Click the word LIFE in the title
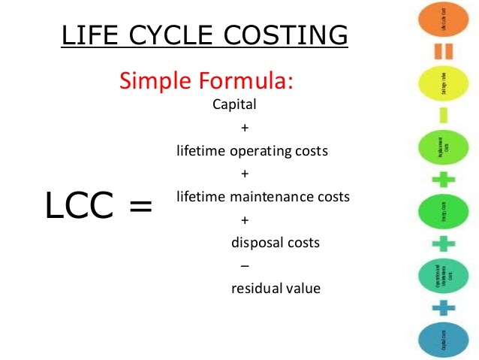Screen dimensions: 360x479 click(85, 35)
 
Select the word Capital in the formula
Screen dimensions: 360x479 click(235, 104)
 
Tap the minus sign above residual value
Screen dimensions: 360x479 click(243, 265)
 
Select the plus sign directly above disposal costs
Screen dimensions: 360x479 click(244, 220)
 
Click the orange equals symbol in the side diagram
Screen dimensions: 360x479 click(443, 51)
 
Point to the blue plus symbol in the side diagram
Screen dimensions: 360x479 click(444, 307)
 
